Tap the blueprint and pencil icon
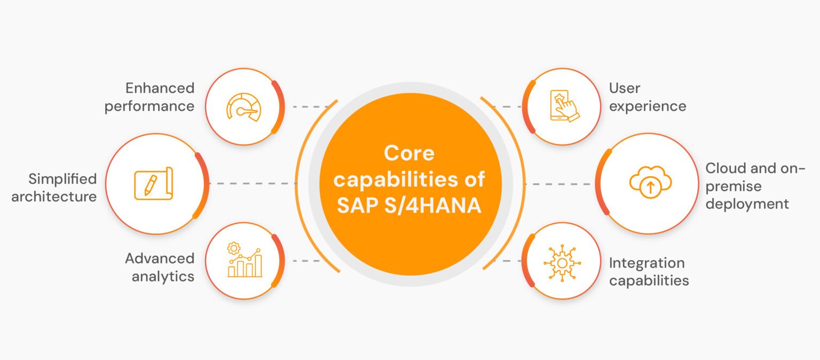[153, 184]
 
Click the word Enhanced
[160, 88]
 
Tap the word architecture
[54, 197]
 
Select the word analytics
[163, 277]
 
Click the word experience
[647, 106]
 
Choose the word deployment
[747, 204]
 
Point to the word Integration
[646, 263]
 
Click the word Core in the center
[409, 153]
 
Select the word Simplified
[62, 178]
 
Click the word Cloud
[726, 168]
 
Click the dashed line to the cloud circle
[558, 184]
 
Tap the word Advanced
[159, 259]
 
